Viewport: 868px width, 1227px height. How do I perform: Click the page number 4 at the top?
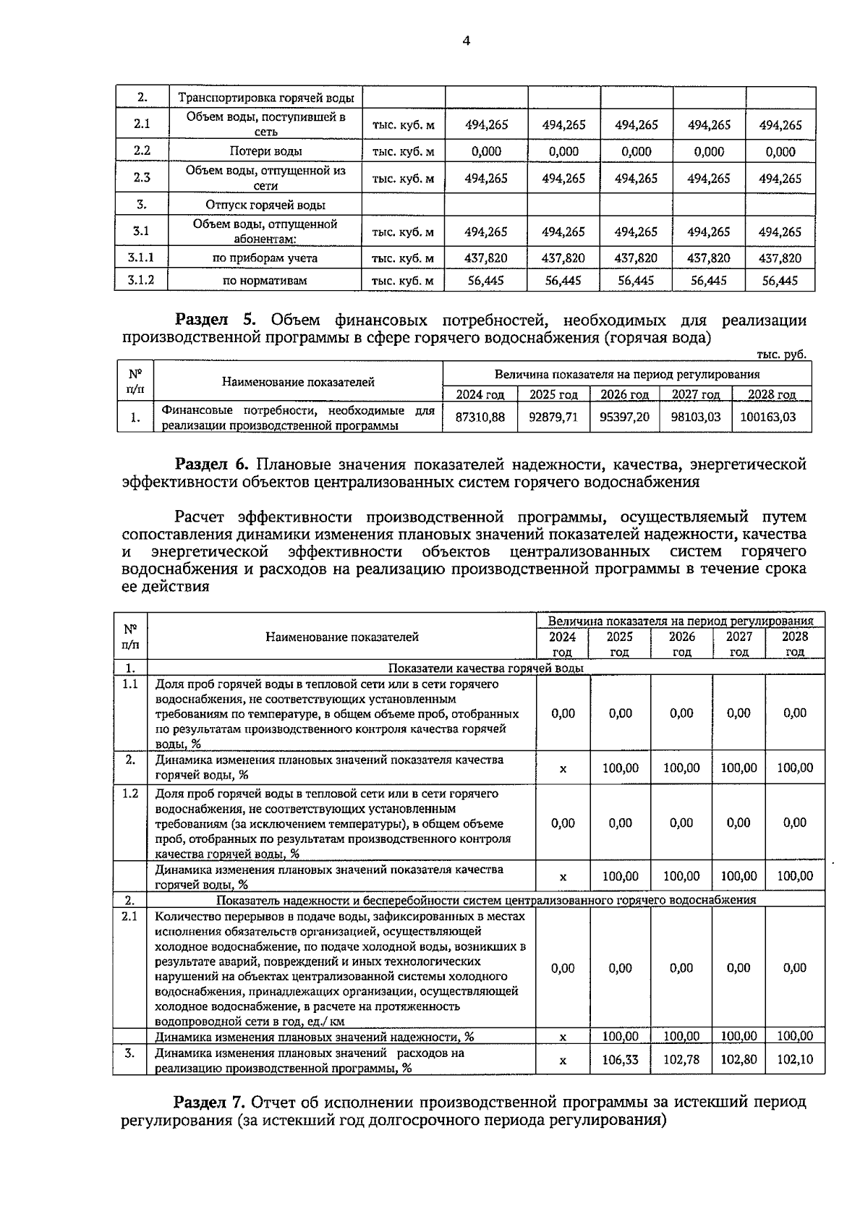coord(466,41)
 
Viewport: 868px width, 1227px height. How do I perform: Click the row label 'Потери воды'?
coord(265,151)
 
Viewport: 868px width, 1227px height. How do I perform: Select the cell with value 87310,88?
coord(480,417)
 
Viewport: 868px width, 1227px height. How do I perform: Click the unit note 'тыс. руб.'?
coord(780,354)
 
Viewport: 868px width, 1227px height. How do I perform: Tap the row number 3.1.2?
coord(141,280)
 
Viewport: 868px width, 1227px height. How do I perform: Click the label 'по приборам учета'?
coord(265,258)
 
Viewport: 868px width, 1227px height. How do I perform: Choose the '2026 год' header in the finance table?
coord(624,394)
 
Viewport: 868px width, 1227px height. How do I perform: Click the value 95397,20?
coord(624,417)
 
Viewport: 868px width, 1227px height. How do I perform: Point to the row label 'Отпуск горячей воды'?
coord(265,205)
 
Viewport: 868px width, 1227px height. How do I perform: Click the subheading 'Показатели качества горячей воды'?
coord(486,668)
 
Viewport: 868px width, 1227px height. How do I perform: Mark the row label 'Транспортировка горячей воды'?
coord(266,98)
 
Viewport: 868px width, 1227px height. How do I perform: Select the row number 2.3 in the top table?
coord(142,178)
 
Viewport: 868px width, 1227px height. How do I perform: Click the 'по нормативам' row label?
coord(265,280)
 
